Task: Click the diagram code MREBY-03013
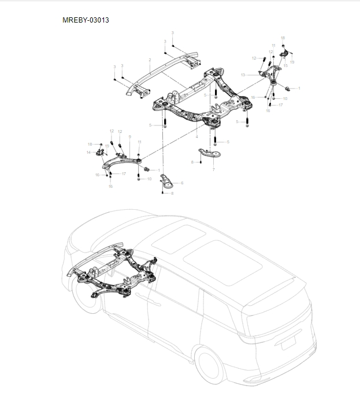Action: (86, 20)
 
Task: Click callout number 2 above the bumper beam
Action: (150, 60)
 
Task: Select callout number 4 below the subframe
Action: (196, 137)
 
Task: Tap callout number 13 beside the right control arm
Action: (243, 75)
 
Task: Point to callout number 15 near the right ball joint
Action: (285, 66)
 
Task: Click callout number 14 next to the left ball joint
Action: (88, 153)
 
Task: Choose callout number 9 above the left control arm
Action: (129, 136)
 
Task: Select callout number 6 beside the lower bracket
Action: (182, 183)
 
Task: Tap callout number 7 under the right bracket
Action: (213, 170)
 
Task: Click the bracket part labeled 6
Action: (168, 182)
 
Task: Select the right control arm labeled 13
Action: (263, 77)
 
